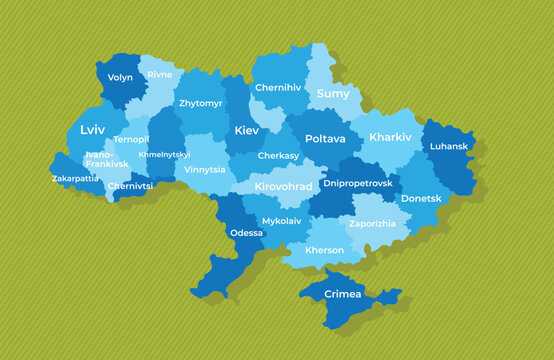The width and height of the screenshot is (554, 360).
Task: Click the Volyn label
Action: tap(120, 77)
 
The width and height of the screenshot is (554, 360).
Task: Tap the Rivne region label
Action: tap(159, 75)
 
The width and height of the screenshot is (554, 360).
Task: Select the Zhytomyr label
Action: tap(201, 102)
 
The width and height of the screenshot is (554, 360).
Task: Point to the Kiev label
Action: tap(246, 130)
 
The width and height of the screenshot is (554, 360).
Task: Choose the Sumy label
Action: tap(333, 94)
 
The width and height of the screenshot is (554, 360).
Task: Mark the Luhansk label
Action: tap(448, 146)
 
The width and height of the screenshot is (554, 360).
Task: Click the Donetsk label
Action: tap(421, 198)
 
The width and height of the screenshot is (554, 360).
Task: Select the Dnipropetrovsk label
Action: tap(358, 184)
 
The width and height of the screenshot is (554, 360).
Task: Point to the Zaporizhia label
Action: tap(372, 223)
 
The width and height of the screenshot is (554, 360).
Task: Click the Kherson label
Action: tap(325, 250)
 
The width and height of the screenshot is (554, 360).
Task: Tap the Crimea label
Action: tap(343, 294)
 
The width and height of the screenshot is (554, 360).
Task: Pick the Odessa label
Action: tap(246, 233)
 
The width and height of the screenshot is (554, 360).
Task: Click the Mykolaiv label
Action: tap(281, 219)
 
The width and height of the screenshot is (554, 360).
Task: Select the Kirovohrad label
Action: tap(284, 187)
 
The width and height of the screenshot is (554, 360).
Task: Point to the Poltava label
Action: tap(325, 139)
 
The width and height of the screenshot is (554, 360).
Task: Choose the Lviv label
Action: tap(93, 130)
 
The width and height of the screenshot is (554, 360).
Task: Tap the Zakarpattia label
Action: tap(76, 179)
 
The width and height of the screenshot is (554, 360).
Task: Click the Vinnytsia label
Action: tap(205, 169)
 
